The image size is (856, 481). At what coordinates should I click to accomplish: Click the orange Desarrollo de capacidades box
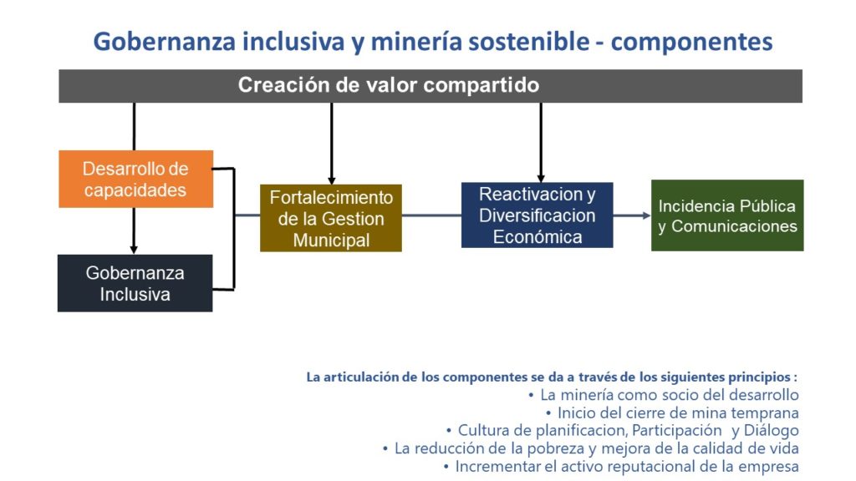pos(136,179)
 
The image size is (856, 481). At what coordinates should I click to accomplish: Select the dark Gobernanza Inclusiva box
pos(135,283)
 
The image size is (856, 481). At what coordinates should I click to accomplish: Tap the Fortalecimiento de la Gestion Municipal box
pos(331,218)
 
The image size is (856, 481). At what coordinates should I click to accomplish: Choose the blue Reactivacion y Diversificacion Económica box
pos(538,215)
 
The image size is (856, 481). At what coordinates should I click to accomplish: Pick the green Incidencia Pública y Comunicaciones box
pos(727,215)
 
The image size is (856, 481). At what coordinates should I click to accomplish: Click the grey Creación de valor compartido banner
pos(431,86)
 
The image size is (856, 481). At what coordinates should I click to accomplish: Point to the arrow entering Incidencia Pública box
pos(632,215)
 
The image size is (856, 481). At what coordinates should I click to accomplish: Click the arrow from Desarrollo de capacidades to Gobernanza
pos(134,230)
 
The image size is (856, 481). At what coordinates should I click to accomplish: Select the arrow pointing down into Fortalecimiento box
pos(331,144)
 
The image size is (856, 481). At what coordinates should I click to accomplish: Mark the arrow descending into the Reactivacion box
pos(541,142)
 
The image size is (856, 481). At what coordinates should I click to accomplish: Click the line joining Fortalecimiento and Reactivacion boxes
pos(431,215)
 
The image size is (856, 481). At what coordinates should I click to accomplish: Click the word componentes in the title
pos(691,43)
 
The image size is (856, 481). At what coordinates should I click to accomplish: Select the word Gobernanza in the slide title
pos(165,42)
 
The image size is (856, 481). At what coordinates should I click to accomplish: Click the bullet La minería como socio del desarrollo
pos(663,395)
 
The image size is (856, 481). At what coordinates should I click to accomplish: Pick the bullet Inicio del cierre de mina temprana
pos(672,413)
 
